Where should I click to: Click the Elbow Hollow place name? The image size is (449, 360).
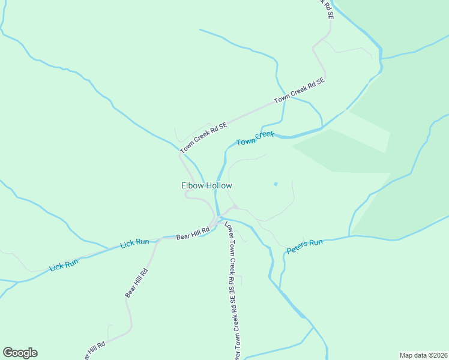(x=206, y=186)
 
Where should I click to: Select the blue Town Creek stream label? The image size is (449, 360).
(x=255, y=139)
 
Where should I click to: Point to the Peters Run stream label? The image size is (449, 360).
(x=304, y=246)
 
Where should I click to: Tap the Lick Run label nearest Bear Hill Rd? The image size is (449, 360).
(x=134, y=243)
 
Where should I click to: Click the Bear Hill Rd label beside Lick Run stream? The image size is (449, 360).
(x=192, y=233)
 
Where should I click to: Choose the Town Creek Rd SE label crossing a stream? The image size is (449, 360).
(x=299, y=91)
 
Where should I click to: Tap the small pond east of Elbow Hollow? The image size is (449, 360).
(x=276, y=184)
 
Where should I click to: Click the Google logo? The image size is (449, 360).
(x=20, y=353)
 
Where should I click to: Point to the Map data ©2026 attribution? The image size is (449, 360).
(x=423, y=355)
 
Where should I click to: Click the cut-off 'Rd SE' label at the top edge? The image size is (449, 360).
(x=327, y=8)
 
